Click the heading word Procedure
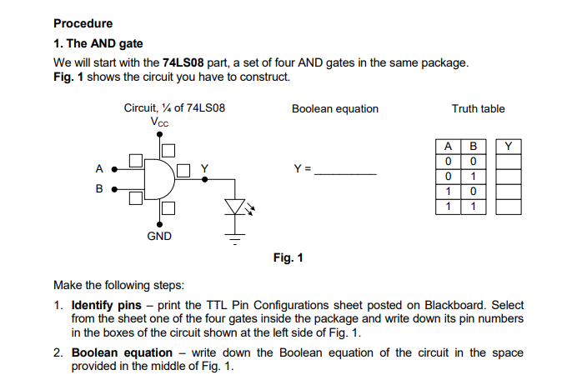pos(83,23)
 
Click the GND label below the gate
pos(159,236)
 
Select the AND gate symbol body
pos(156,178)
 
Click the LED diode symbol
pos(233,207)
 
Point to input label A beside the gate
pos(99,168)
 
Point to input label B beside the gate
pos(99,189)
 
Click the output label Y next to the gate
pos(204,167)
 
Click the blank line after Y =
pos(345,173)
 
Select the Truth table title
pos(478,108)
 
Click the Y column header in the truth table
pos(509,147)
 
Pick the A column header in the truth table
pos(448,147)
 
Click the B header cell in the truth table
pos(473,147)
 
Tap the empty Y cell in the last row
pos(509,205)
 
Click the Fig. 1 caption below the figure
pos(288,257)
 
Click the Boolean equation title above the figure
pos(334,108)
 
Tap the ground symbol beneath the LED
pos(234,239)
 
